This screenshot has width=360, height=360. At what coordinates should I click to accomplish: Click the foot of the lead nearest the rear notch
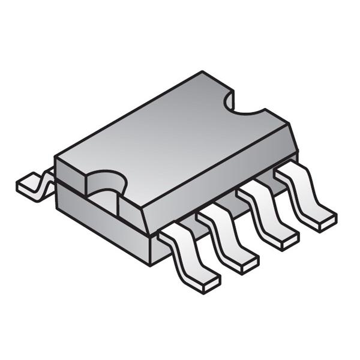click(x=318, y=216)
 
